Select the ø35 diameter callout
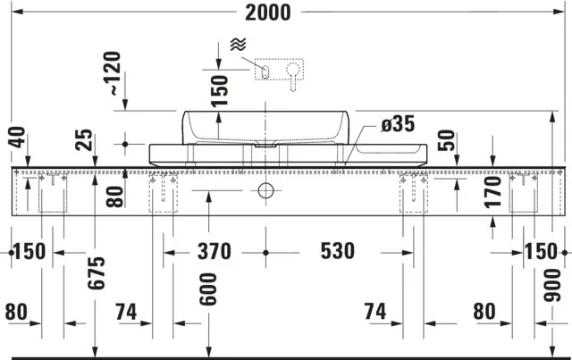pyautogui.click(x=397, y=125)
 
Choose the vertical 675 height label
pyautogui.click(x=97, y=278)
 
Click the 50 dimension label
pyautogui.click(x=450, y=140)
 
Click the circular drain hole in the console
pyautogui.click(x=265, y=190)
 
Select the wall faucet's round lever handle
pyautogui.click(x=293, y=71)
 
